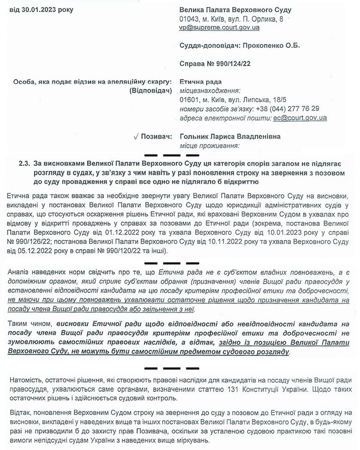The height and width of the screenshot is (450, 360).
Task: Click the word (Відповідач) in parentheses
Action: tap(151, 90)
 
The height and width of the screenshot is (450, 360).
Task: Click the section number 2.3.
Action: tap(24, 163)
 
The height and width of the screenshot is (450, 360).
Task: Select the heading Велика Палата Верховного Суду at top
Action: tap(235, 10)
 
